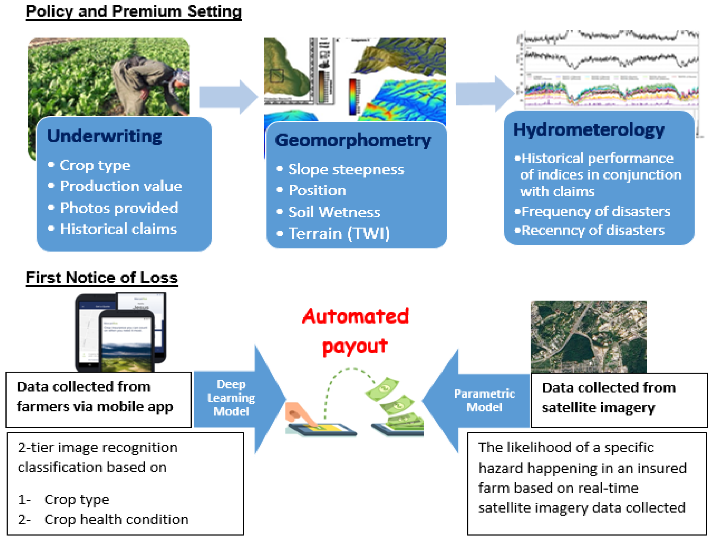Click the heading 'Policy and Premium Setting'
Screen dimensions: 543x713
(133, 12)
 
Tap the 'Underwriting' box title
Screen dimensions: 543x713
(104, 136)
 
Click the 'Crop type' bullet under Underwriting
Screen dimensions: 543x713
(95, 165)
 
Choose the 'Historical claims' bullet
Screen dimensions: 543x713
(118, 229)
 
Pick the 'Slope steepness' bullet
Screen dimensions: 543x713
(346, 169)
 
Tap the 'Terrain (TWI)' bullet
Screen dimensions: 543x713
(339, 233)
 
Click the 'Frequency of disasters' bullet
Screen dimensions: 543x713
(595, 211)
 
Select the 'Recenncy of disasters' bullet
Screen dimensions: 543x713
(593, 230)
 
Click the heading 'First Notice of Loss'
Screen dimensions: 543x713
(102, 278)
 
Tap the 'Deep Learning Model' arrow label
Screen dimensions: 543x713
(231, 398)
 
